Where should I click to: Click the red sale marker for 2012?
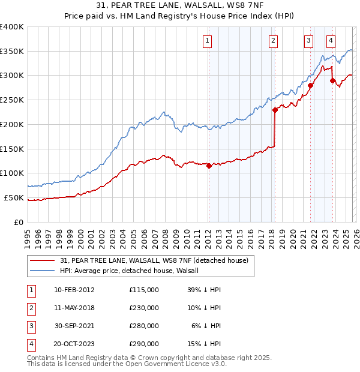[x=209, y=166]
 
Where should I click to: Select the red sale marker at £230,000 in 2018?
[x=275, y=110]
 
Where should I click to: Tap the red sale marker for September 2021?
[x=311, y=85]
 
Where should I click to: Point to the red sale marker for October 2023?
[x=332, y=80]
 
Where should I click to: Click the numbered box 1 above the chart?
[x=207, y=41]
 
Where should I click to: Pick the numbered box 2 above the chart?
[x=273, y=41]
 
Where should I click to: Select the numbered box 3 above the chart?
[x=308, y=41]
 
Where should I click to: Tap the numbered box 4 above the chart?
[x=331, y=41]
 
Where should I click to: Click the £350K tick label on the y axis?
[x=12, y=51]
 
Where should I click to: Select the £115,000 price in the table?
[x=144, y=289]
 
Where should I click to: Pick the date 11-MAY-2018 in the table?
[x=74, y=308]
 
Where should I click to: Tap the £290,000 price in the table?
[x=144, y=344]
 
